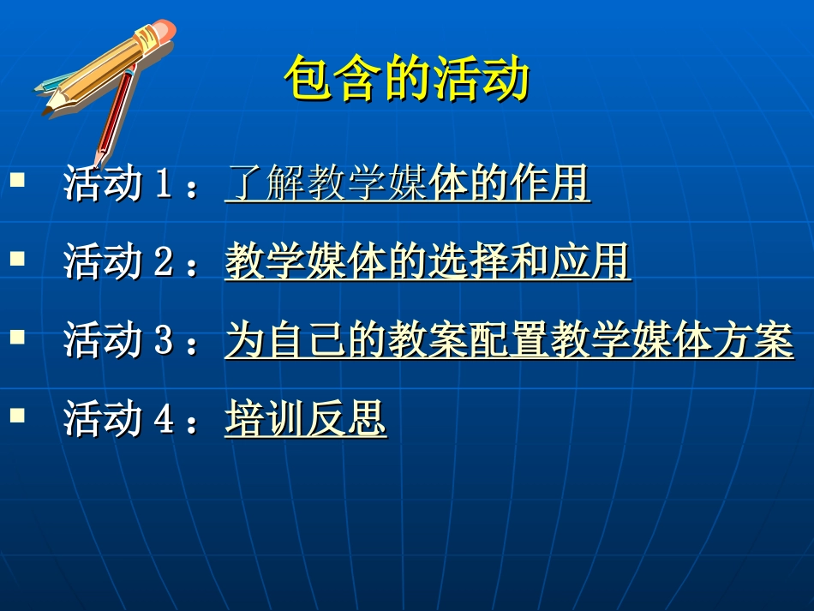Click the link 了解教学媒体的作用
[407, 183]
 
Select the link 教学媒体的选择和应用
[428, 262]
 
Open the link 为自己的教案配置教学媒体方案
[509, 341]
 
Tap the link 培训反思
[305, 420]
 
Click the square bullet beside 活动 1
[17, 180]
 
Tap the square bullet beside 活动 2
[17, 258]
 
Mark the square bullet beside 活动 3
[17, 337]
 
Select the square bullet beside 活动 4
[17, 416]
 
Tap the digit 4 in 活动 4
[164, 421]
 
